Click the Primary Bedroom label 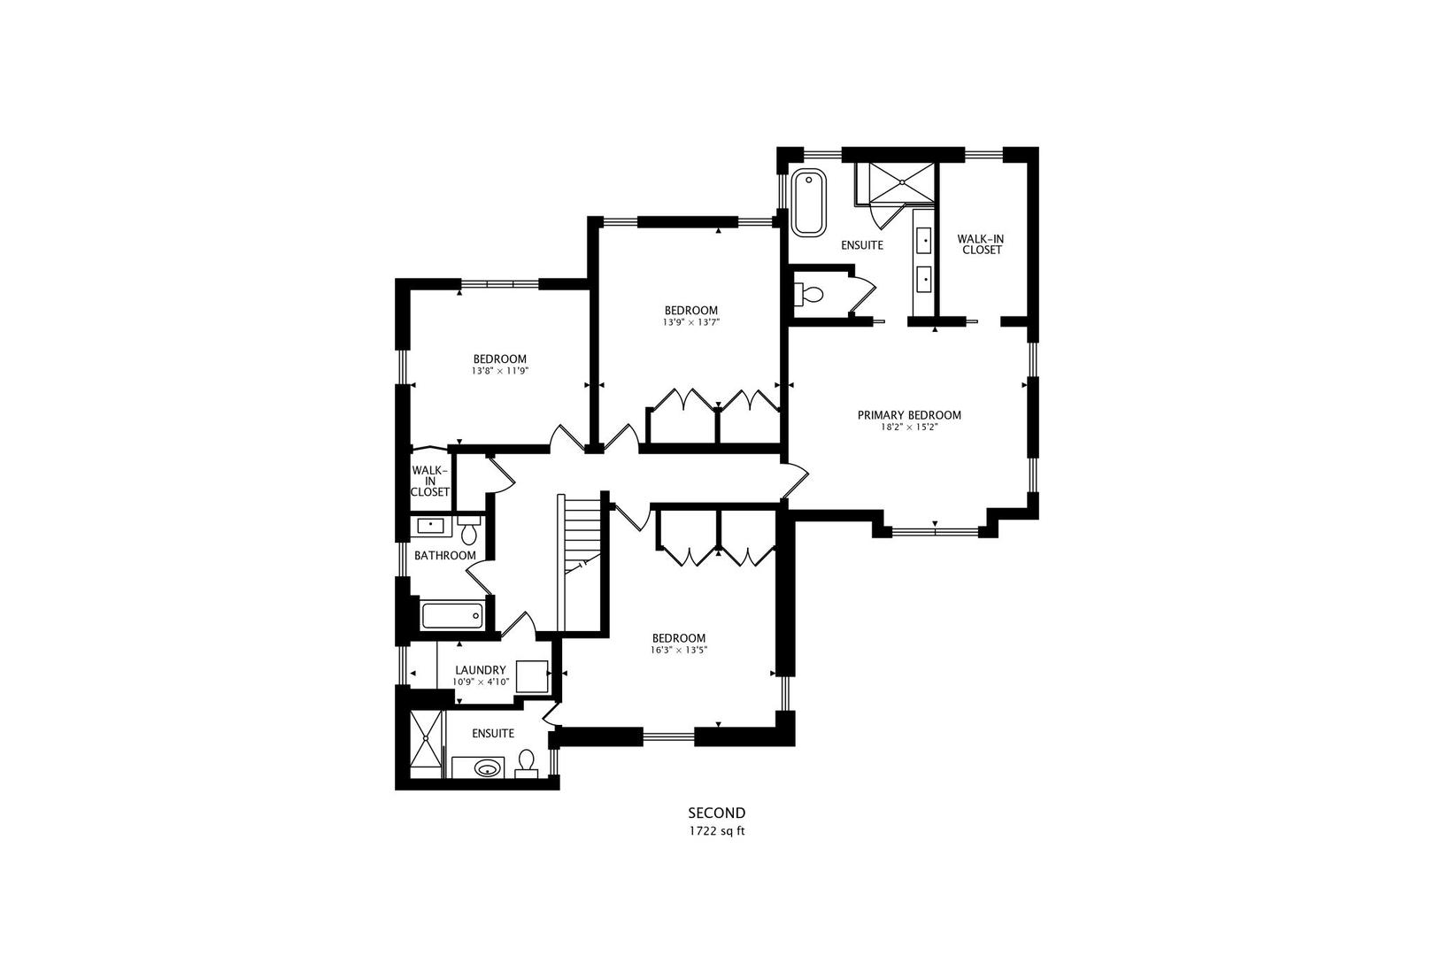(x=908, y=415)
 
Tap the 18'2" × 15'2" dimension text (x=908, y=428)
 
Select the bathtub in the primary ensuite (x=808, y=203)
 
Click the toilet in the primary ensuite (x=810, y=294)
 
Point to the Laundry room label (x=480, y=670)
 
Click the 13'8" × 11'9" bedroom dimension (x=499, y=371)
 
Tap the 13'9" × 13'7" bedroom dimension (x=690, y=322)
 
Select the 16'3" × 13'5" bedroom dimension (x=678, y=650)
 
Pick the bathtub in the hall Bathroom (x=451, y=615)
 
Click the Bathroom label (x=445, y=556)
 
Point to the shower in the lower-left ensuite (x=426, y=744)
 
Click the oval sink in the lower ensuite (x=486, y=768)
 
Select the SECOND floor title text (x=716, y=813)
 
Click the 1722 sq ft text (x=716, y=831)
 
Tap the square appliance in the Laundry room (x=532, y=676)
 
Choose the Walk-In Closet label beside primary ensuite (x=981, y=244)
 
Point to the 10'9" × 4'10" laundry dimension (x=480, y=682)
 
